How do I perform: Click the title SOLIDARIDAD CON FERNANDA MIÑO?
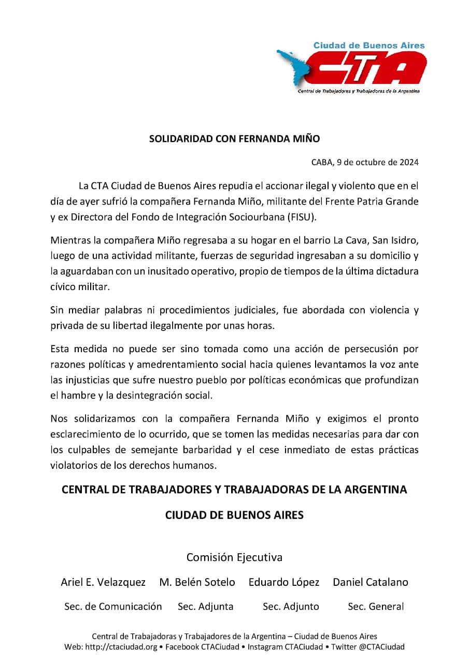click(x=234, y=139)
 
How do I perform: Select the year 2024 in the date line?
click(x=409, y=162)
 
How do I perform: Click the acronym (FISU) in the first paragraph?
click(x=302, y=217)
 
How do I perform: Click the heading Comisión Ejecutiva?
click(x=234, y=557)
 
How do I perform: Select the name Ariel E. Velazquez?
click(x=103, y=582)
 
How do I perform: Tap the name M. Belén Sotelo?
click(x=197, y=582)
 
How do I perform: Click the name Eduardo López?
click(x=284, y=582)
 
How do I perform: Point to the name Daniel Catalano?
click(x=371, y=582)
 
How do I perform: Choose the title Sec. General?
click(x=376, y=607)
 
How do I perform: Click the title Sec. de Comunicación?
click(x=113, y=607)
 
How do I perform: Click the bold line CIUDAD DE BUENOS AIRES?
click(x=234, y=515)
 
